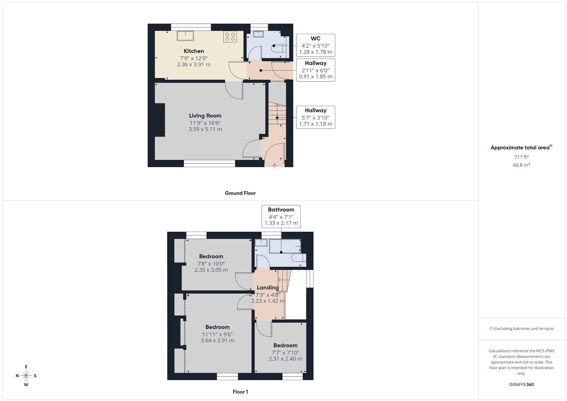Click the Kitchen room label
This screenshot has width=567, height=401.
tap(193, 51)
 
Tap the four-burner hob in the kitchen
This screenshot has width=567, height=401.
tap(230, 36)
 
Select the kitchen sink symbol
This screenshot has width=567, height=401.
tap(185, 35)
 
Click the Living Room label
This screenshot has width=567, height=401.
tap(205, 116)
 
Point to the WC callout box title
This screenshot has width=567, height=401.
tap(315, 39)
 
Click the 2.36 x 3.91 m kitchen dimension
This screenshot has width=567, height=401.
tap(193, 65)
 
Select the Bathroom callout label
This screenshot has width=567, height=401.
tap(281, 210)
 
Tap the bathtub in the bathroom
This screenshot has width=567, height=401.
tap(285, 246)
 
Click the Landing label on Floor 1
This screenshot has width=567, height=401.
tap(267, 288)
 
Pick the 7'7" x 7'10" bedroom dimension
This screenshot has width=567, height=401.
tap(285, 352)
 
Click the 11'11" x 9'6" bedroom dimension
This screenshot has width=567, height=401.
tap(217, 334)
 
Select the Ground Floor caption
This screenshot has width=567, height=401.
tap(240, 193)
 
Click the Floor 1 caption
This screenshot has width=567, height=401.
tap(240, 392)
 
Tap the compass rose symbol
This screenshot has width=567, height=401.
tap(26, 376)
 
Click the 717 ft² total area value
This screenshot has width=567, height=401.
tap(521, 157)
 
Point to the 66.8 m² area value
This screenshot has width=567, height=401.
tap(521, 165)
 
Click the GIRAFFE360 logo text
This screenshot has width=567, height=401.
tap(521, 385)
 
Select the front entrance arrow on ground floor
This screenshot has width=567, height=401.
tap(274, 166)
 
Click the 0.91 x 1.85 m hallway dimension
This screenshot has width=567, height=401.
tap(315, 77)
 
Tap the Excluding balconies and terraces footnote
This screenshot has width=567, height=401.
tap(521, 329)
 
